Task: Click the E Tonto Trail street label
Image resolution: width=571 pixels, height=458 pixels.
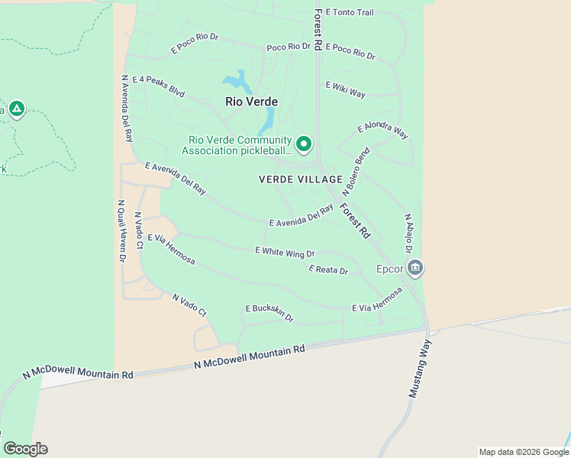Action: tap(350, 13)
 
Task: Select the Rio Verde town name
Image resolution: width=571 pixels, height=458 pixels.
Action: tap(251, 102)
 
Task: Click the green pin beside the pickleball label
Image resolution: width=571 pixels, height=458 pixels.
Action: tap(304, 144)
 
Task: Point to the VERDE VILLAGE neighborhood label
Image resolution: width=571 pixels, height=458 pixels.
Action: tap(301, 179)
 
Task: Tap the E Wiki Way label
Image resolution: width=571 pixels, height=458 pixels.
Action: tap(345, 89)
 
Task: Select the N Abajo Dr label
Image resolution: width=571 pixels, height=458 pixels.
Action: tap(408, 234)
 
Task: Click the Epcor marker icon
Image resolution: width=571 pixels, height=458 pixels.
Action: tap(416, 267)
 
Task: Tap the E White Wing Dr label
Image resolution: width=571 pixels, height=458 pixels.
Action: tap(285, 252)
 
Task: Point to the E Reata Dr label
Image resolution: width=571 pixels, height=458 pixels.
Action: tap(328, 270)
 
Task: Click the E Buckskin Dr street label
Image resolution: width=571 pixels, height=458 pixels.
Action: tap(269, 312)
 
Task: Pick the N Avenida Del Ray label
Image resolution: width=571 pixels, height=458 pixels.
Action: tap(127, 108)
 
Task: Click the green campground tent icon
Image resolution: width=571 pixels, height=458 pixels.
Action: tap(17, 109)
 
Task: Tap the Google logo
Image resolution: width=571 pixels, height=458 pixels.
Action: tap(25, 449)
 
